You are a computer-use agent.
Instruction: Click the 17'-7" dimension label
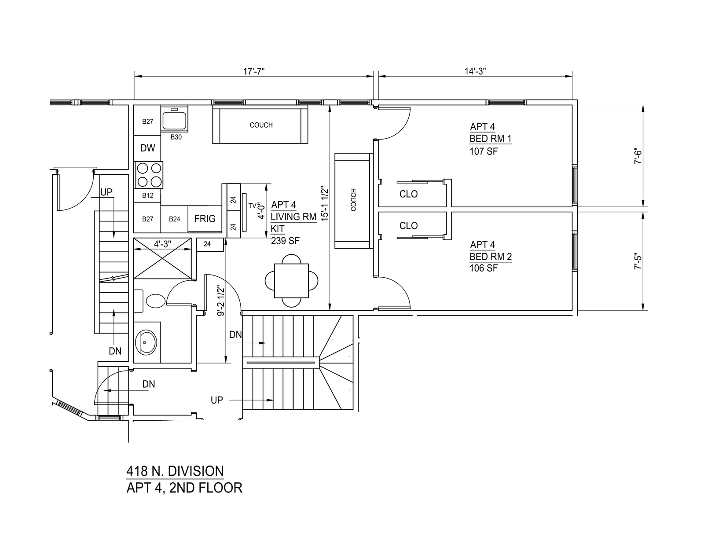pyautogui.click(x=253, y=71)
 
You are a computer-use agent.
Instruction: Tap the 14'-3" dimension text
pyautogui.click(x=475, y=71)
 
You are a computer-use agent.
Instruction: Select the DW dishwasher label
pyautogui.click(x=147, y=148)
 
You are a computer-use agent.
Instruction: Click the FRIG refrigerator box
pyautogui.click(x=205, y=219)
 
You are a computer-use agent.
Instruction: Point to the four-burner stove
pyautogui.click(x=148, y=175)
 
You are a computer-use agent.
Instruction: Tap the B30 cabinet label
pyautogui.click(x=176, y=137)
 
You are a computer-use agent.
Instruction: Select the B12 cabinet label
pyautogui.click(x=147, y=195)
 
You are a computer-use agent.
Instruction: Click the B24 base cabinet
pyautogui.click(x=174, y=219)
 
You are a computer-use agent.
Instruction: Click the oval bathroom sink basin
pyautogui.click(x=146, y=342)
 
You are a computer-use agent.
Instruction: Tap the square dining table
pyautogui.click(x=291, y=280)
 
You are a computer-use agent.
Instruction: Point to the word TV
pyautogui.click(x=252, y=206)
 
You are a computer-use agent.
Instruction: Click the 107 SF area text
pyautogui.click(x=484, y=151)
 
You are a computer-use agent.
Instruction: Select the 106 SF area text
pyautogui.click(x=484, y=268)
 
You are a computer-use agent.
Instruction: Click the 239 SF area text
pyautogui.click(x=285, y=241)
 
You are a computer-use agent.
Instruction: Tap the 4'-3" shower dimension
pyautogui.click(x=163, y=244)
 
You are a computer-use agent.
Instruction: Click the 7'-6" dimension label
pyautogui.click(x=638, y=157)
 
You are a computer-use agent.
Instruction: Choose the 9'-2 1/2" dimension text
pyautogui.click(x=221, y=301)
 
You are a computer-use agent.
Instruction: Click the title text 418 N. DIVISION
pyautogui.click(x=175, y=471)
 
